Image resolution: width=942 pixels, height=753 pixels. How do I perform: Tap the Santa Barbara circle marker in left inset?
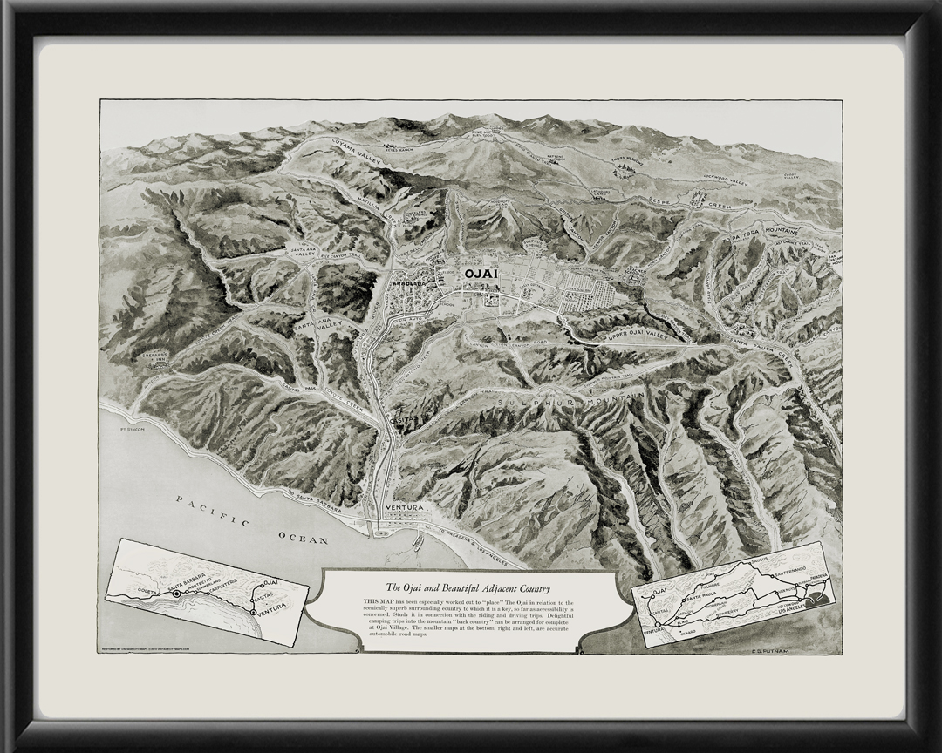click(177, 593)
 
